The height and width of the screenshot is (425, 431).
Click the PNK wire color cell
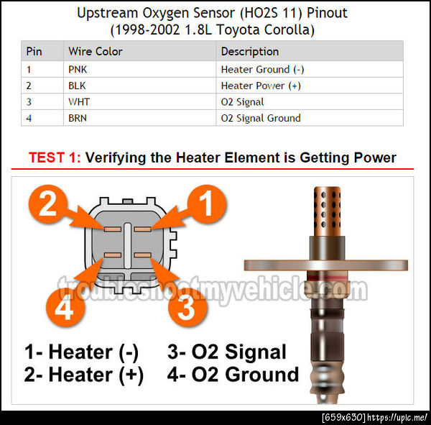coord(139,69)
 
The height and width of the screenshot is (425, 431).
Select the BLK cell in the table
coord(139,86)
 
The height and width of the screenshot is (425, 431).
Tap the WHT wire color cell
coord(139,101)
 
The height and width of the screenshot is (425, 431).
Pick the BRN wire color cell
coord(139,118)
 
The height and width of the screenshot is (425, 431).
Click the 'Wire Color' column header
coord(95,51)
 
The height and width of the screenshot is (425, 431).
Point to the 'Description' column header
coord(249,52)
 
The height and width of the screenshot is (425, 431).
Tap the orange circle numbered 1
coord(207,204)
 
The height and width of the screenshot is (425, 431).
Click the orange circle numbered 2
coord(48,204)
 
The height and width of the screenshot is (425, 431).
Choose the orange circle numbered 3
coord(187,307)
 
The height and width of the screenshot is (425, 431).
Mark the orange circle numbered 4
coord(65,307)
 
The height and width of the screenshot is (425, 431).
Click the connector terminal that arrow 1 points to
coord(142,229)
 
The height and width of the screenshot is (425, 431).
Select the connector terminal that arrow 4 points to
coord(113,255)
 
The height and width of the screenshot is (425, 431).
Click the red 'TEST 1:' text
coord(55,157)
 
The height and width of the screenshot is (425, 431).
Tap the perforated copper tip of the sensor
coord(327,211)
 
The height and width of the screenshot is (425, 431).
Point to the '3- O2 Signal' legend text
coord(227,352)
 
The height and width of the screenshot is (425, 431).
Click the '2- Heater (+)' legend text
coord(83,375)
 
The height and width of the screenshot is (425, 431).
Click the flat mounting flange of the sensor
coord(325,265)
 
